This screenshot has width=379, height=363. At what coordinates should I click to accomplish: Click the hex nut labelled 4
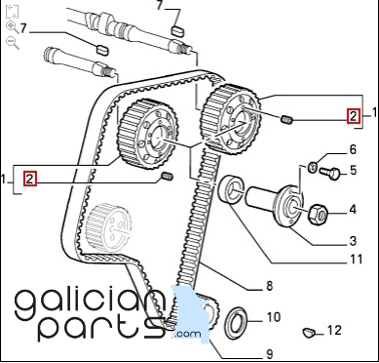(x=318, y=214)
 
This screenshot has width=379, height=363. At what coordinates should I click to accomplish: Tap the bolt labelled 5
(x=329, y=173)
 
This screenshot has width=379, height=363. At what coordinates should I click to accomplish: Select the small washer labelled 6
(x=313, y=168)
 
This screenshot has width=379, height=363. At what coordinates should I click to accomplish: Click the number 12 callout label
(x=334, y=330)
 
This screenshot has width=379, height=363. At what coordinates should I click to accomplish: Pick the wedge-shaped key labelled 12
(x=309, y=332)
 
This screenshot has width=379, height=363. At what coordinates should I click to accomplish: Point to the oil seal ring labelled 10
(x=236, y=323)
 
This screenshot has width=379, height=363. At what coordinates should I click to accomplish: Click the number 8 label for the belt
(x=270, y=286)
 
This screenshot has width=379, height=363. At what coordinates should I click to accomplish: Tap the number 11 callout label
(x=356, y=260)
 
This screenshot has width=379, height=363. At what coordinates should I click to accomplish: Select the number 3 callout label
(x=354, y=241)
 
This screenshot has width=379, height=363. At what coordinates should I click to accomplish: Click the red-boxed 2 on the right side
(x=354, y=116)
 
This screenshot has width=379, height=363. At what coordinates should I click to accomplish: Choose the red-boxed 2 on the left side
(x=29, y=179)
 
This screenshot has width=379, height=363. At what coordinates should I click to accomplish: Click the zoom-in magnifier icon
(x=13, y=26)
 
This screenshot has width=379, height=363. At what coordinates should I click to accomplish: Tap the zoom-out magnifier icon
(x=13, y=43)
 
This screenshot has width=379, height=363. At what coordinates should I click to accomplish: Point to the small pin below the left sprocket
(x=168, y=177)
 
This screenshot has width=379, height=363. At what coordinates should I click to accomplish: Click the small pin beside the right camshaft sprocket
(x=286, y=120)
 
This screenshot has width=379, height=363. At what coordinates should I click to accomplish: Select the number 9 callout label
(x=270, y=354)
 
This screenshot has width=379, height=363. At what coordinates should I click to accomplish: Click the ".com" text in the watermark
(x=187, y=334)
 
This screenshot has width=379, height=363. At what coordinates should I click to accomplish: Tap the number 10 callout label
(x=274, y=317)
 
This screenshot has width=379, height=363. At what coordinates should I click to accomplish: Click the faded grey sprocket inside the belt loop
(x=109, y=226)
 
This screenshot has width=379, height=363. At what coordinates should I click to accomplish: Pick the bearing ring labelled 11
(x=231, y=189)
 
